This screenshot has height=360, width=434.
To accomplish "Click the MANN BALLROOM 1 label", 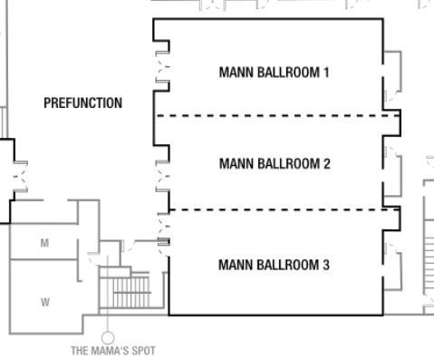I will (274, 72).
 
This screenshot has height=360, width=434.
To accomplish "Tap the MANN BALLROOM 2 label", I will (274, 164).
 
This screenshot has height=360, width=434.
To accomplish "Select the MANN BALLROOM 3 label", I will (274, 265).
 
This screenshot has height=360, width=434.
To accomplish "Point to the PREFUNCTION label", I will (82, 103).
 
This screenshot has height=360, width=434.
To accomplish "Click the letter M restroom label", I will (44, 243).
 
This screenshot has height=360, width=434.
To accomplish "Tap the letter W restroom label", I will (44, 303).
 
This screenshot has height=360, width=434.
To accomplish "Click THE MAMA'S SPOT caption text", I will (113, 350).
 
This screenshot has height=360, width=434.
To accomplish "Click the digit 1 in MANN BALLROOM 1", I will (326, 72).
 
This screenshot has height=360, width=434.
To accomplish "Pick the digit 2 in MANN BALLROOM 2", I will (326, 164).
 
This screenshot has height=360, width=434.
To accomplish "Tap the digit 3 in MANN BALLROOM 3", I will (326, 265).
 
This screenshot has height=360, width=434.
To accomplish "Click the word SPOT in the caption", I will (143, 350).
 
